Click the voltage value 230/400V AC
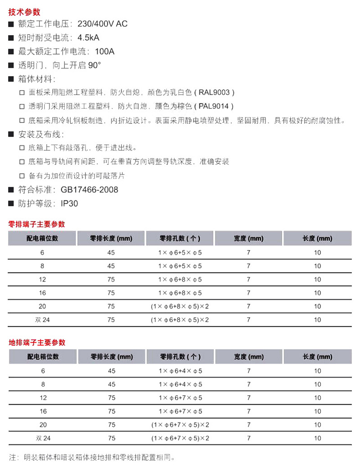(103, 24)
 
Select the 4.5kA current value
(91, 38)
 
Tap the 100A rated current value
(105, 52)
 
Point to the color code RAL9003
(215, 93)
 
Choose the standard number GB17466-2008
(89, 190)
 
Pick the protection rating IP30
(69, 204)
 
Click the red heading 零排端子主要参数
(37, 224)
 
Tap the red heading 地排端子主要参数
(37, 343)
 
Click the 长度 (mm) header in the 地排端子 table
(317, 357)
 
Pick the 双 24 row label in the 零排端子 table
(42, 320)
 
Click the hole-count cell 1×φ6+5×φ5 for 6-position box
(180, 253)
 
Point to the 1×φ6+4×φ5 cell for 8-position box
(180, 385)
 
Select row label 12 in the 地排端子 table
(43, 398)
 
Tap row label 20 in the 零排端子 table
(43, 307)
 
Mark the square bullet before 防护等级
(11, 204)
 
